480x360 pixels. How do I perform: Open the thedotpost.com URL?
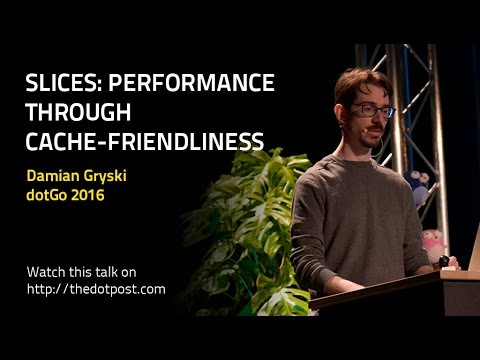[97, 289]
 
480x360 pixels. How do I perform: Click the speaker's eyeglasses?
[370, 111]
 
